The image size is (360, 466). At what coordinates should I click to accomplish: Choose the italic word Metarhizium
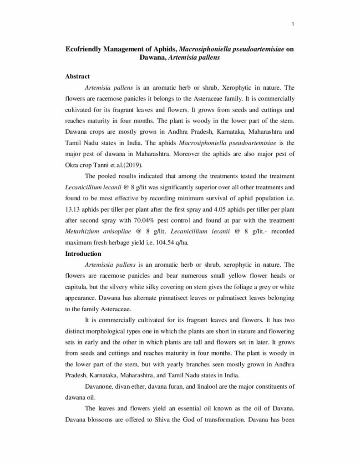[x=83, y=232]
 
